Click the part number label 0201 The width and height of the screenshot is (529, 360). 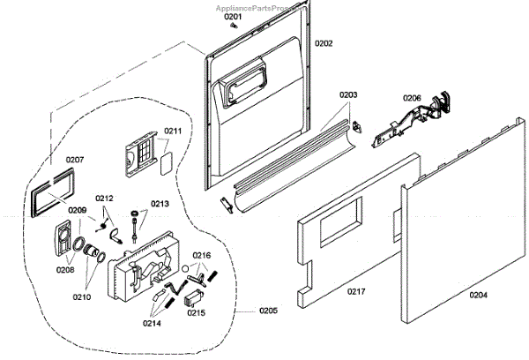click(x=232, y=17)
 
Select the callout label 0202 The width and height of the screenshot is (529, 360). click(x=324, y=43)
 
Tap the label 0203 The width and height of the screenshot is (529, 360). click(x=348, y=95)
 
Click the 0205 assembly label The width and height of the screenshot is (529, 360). click(x=268, y=311)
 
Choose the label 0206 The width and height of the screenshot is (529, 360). click(x=413, y=98)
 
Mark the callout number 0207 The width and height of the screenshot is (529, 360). click(x=74, y=160)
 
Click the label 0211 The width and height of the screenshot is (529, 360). click(x=173, y=131)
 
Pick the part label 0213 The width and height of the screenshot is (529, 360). click(x=160, y=204)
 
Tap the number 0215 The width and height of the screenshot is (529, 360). click(x=197, y=313)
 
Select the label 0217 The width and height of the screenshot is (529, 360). click(x=357, y=291)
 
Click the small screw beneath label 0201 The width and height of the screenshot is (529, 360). click(x=233, y=26)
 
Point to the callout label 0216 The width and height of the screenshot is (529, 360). click(x=203, y=255)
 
